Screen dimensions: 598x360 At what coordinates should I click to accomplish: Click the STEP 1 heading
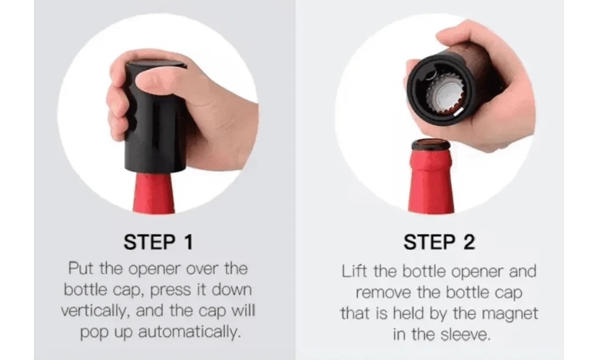coord(159,243)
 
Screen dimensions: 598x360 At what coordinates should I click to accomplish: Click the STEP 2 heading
coord(439,243)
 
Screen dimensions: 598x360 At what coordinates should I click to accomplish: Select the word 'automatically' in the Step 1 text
coord(189,332)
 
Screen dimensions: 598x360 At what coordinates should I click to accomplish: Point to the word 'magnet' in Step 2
coord(510,313)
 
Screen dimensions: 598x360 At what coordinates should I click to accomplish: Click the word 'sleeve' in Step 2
coord(465,335)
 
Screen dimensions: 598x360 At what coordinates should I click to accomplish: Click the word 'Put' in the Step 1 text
coord(81,268)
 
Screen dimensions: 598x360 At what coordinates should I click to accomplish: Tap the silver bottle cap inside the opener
coord(445,94)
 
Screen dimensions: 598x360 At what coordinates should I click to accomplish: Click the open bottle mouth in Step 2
coord(431,145)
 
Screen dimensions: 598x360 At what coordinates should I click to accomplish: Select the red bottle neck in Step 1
coord(153,192)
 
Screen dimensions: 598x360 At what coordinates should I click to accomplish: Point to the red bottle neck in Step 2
coord(431,179)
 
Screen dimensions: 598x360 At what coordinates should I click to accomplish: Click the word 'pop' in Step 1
coord(94,333)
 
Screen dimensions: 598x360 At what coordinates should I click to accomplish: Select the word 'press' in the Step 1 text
coord(171,290)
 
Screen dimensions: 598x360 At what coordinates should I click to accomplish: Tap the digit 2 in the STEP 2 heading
coord(469,243)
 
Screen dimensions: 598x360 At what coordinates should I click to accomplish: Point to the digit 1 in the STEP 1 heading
coord(188,243)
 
